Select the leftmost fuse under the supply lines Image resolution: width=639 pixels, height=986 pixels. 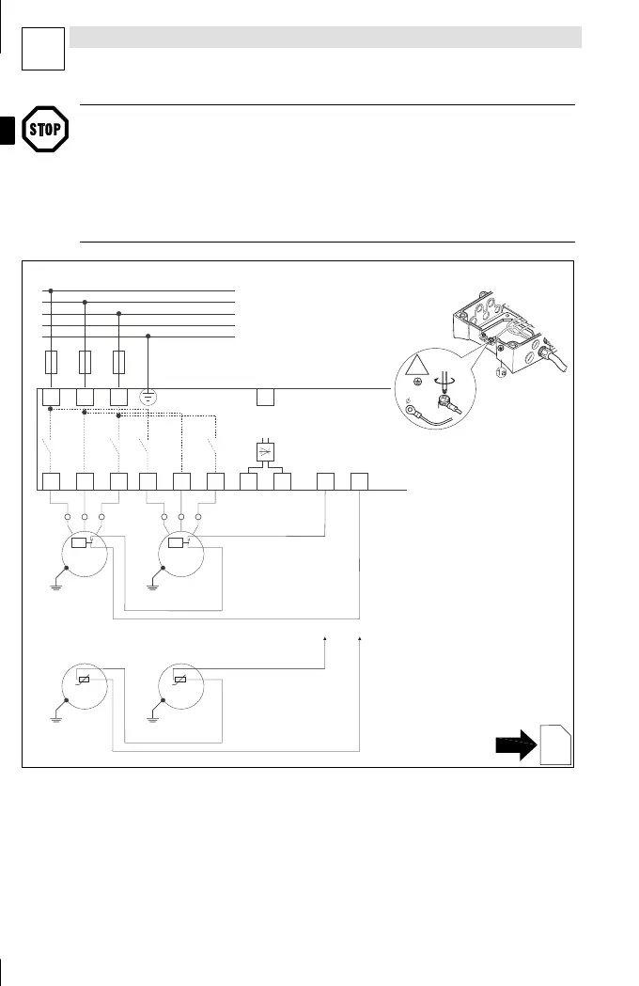coord(52,362)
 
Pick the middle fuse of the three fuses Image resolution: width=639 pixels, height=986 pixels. coord(86,362)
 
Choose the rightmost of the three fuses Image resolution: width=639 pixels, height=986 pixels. coord(118,362)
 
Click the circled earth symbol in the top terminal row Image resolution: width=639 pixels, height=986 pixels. coord(148,396)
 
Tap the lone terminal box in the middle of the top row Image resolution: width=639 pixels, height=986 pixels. coord(266,396)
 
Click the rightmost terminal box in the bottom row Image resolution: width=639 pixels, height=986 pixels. coord(359,481)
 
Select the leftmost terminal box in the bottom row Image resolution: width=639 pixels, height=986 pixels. coord(52,481)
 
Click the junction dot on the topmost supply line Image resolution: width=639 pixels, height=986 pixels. coord(51,291)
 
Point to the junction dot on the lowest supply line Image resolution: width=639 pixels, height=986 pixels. coord(148,336)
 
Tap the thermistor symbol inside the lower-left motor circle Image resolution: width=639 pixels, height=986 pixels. coord(84,681)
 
